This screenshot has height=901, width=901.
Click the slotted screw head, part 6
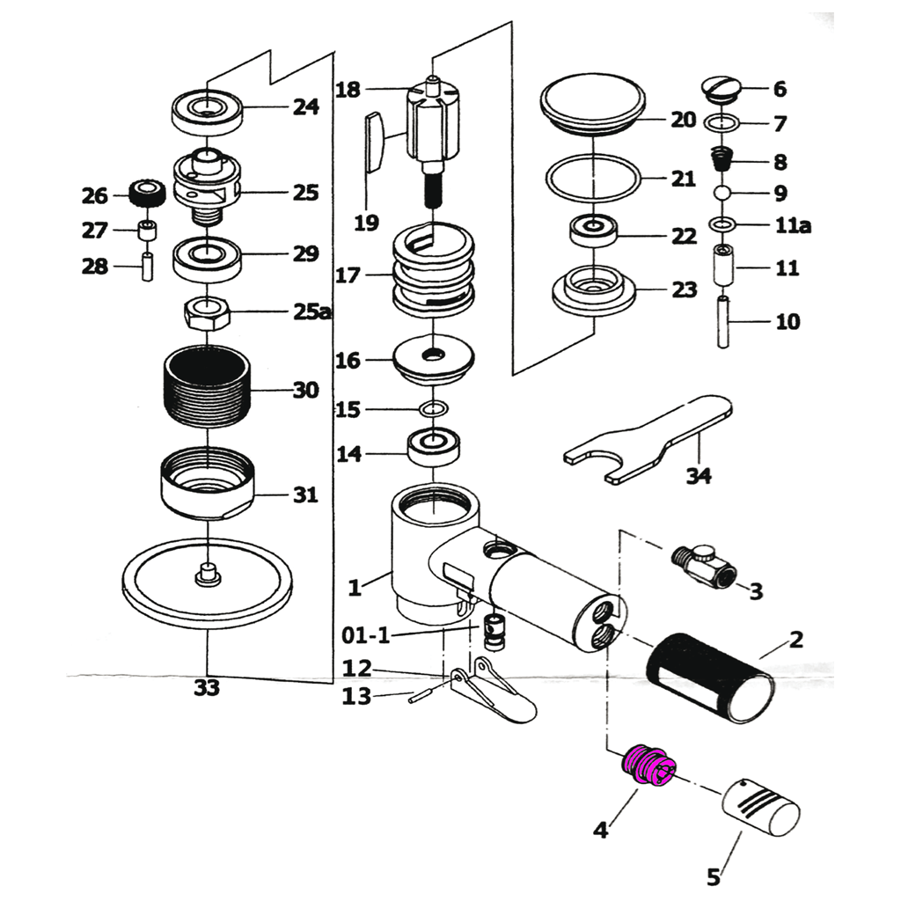pos(722,87)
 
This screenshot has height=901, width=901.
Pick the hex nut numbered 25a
pos(207,311)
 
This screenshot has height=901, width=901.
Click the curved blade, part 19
pos(373,141)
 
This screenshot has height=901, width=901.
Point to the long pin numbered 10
pos(723,323)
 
